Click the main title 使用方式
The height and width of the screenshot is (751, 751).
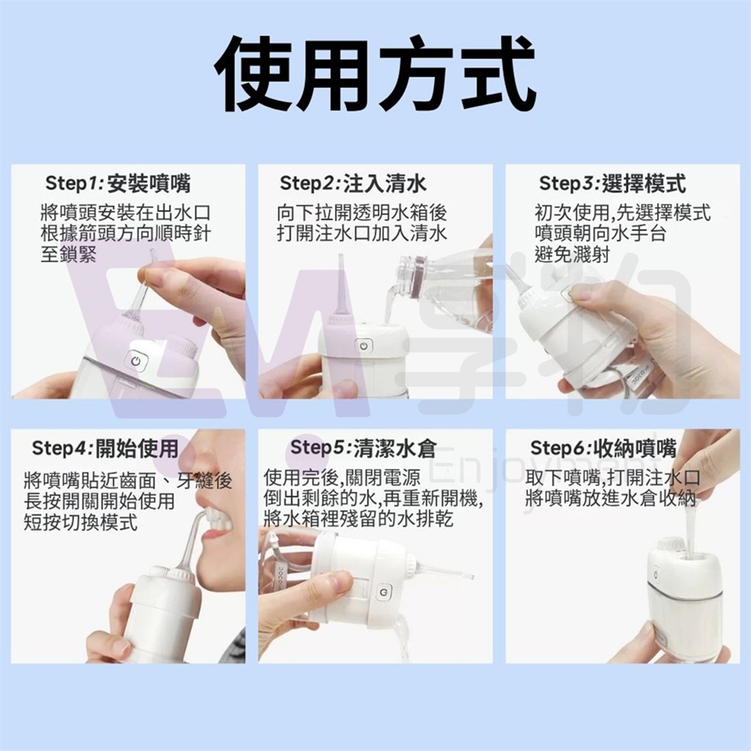375,75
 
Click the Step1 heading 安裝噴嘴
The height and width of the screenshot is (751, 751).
149,183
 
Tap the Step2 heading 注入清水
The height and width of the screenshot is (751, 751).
385,183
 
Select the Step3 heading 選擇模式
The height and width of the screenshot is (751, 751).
643,183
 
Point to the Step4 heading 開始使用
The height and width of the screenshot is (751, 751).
137,448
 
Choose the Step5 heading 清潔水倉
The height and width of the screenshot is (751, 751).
396,448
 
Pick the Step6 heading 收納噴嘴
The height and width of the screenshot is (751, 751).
634,448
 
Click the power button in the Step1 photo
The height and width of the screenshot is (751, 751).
135,361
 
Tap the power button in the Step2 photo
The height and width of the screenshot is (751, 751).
363,346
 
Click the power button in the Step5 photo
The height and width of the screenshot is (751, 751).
383,592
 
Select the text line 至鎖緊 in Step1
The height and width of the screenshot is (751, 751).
69,253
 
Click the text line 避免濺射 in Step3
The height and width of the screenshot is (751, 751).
572,253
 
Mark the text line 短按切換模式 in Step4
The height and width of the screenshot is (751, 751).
81,522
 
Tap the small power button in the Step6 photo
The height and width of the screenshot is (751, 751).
656,575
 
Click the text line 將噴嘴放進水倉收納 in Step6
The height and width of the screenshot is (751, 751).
610,498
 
